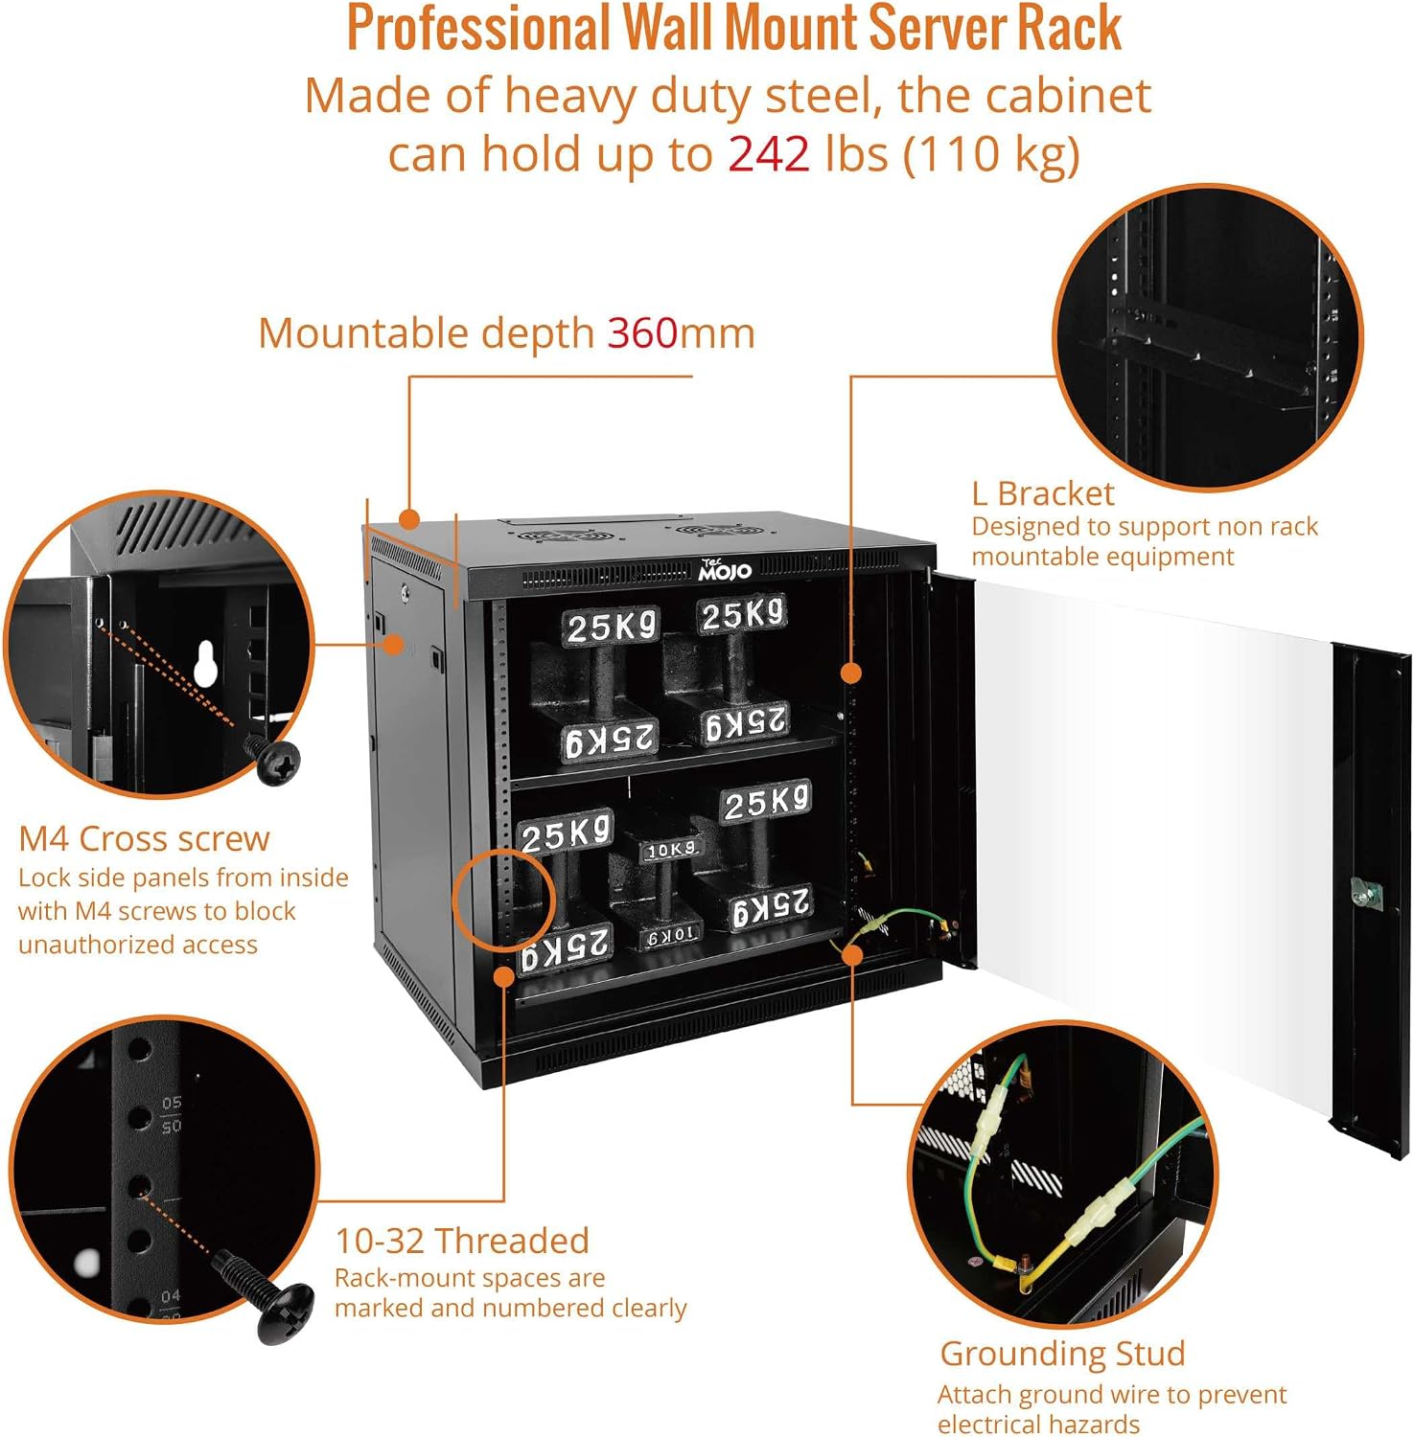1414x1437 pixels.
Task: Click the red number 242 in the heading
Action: (769, 154)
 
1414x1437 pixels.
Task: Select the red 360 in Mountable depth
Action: (642, 333)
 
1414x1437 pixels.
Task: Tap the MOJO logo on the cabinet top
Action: (724, 570)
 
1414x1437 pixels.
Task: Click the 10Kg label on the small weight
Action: (670, 850)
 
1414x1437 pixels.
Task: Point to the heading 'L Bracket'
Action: (1042, 493)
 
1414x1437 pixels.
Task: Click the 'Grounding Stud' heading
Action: (1062, 1354)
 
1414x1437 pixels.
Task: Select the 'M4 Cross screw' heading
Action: (144, 838)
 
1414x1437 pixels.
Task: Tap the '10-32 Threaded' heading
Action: (461, 1241)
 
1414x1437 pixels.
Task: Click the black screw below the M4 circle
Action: (272, 760)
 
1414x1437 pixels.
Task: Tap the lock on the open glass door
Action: (1365, 893)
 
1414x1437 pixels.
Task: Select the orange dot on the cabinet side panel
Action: (393, 645)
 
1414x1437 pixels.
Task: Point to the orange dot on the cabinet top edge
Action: (409, 519)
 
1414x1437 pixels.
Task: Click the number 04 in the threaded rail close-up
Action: (171, 1296)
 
